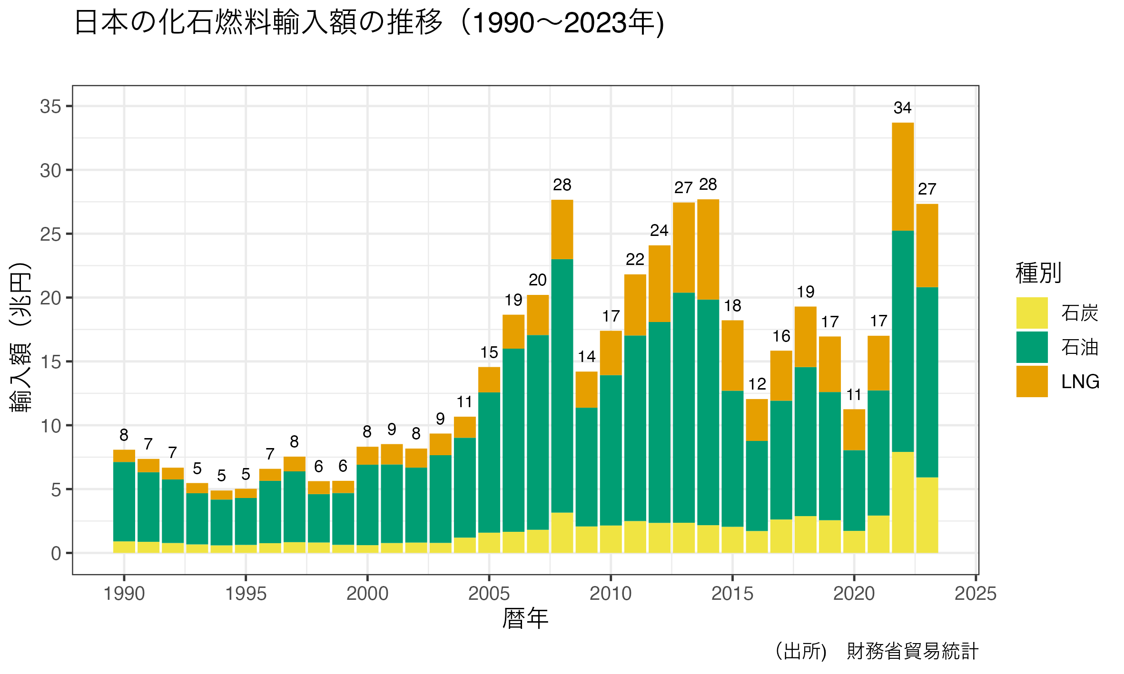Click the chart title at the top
369,23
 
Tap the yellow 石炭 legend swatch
1032,313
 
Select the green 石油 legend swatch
1032,347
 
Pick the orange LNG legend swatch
1032,381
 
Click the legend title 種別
1038,273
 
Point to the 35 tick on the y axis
50,107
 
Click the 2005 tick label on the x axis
489,594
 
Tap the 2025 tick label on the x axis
976,594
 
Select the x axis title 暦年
525,619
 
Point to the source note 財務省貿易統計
912,651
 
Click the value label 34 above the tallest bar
902,108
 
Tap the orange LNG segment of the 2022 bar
903,176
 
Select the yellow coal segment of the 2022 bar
903,502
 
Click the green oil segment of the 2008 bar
562,386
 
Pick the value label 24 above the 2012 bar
659,231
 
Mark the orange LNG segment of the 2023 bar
927,245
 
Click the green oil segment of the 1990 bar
124,502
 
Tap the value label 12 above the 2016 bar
757,384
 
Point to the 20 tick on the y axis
50,298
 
